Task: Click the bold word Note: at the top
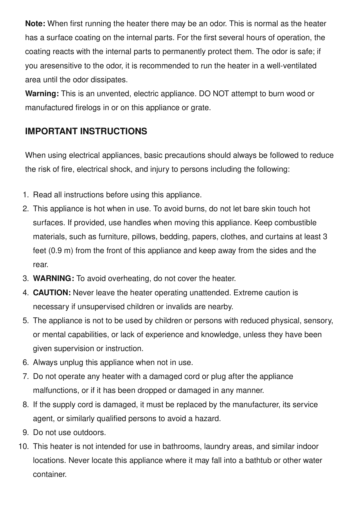pyautogui.click(x=35, y=24)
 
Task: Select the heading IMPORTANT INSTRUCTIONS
pyautogui.click(x=86, y=131)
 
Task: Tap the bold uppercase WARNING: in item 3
pyautogui.click(x=54, y=279)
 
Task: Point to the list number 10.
pyautogui.click(x=23, y=447)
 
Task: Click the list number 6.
pyautogui.click(x=26, y=363)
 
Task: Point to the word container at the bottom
pyautogui.click(x=50, y=475)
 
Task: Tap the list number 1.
pyautogui.click(x=26, y=195)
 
